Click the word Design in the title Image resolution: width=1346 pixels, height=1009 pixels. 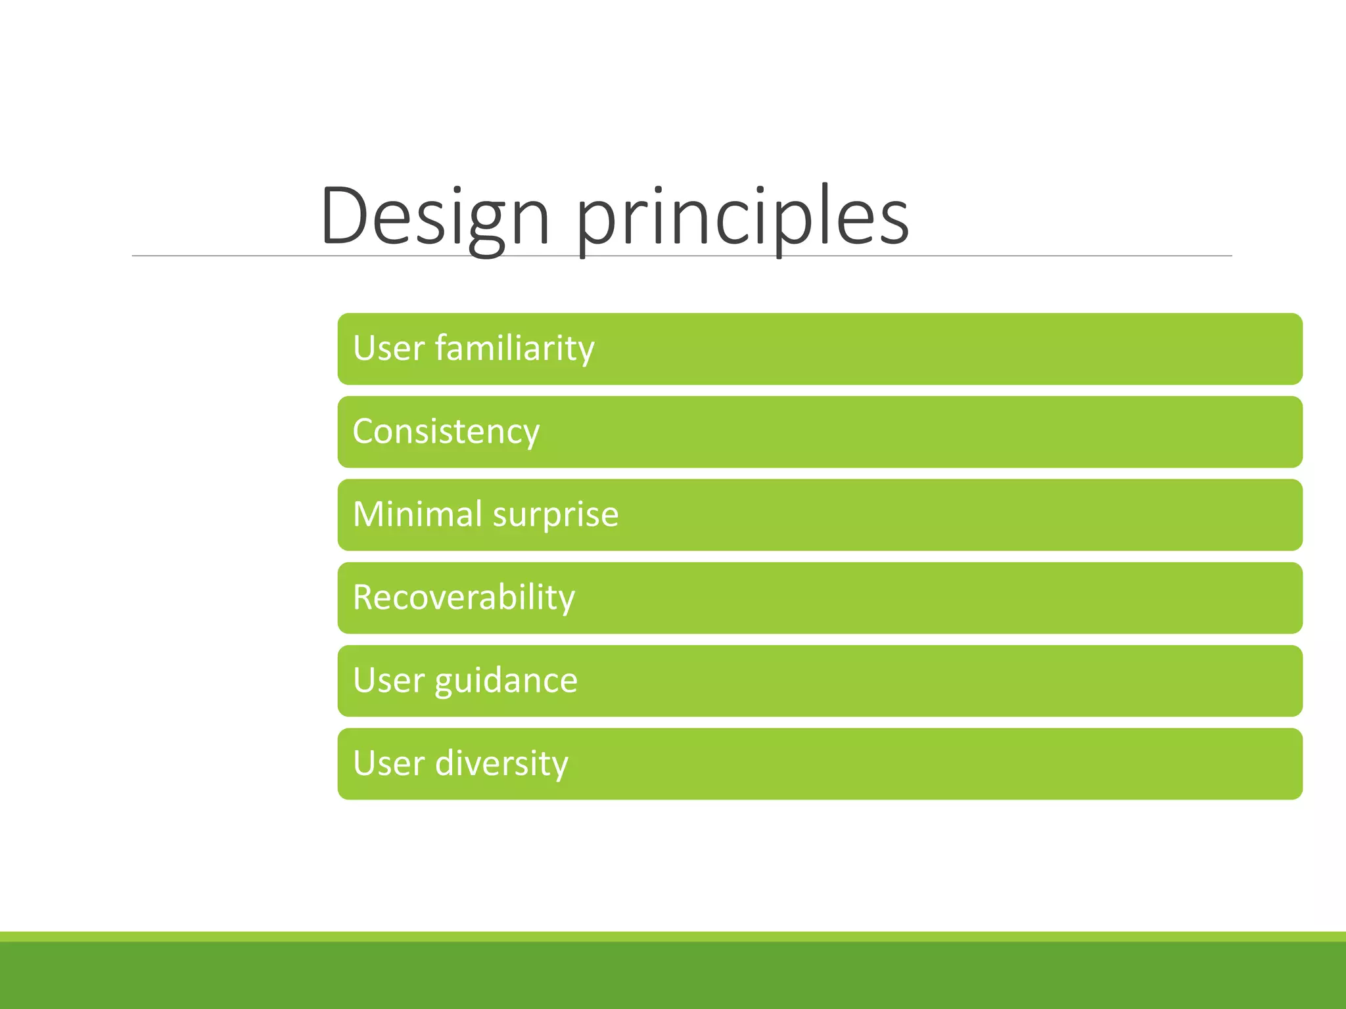point(434,217)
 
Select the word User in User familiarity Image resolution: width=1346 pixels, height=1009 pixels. point(388,348)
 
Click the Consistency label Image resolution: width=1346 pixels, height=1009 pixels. point(446,432)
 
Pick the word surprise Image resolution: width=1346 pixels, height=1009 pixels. point(555,516)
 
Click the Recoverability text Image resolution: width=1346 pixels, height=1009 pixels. point(463,598)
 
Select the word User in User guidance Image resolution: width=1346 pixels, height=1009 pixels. point(388,681)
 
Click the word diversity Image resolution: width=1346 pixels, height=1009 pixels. point(501,764)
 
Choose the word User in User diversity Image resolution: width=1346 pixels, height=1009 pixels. point(388,764)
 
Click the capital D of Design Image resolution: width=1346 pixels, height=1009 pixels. point(345,217)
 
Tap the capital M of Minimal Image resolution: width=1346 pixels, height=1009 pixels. point(369,514)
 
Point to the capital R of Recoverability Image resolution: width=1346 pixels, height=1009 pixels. point(365,598)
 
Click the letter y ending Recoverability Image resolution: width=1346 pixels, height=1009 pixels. point(565,601)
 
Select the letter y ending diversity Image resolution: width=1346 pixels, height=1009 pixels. point(559,767)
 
